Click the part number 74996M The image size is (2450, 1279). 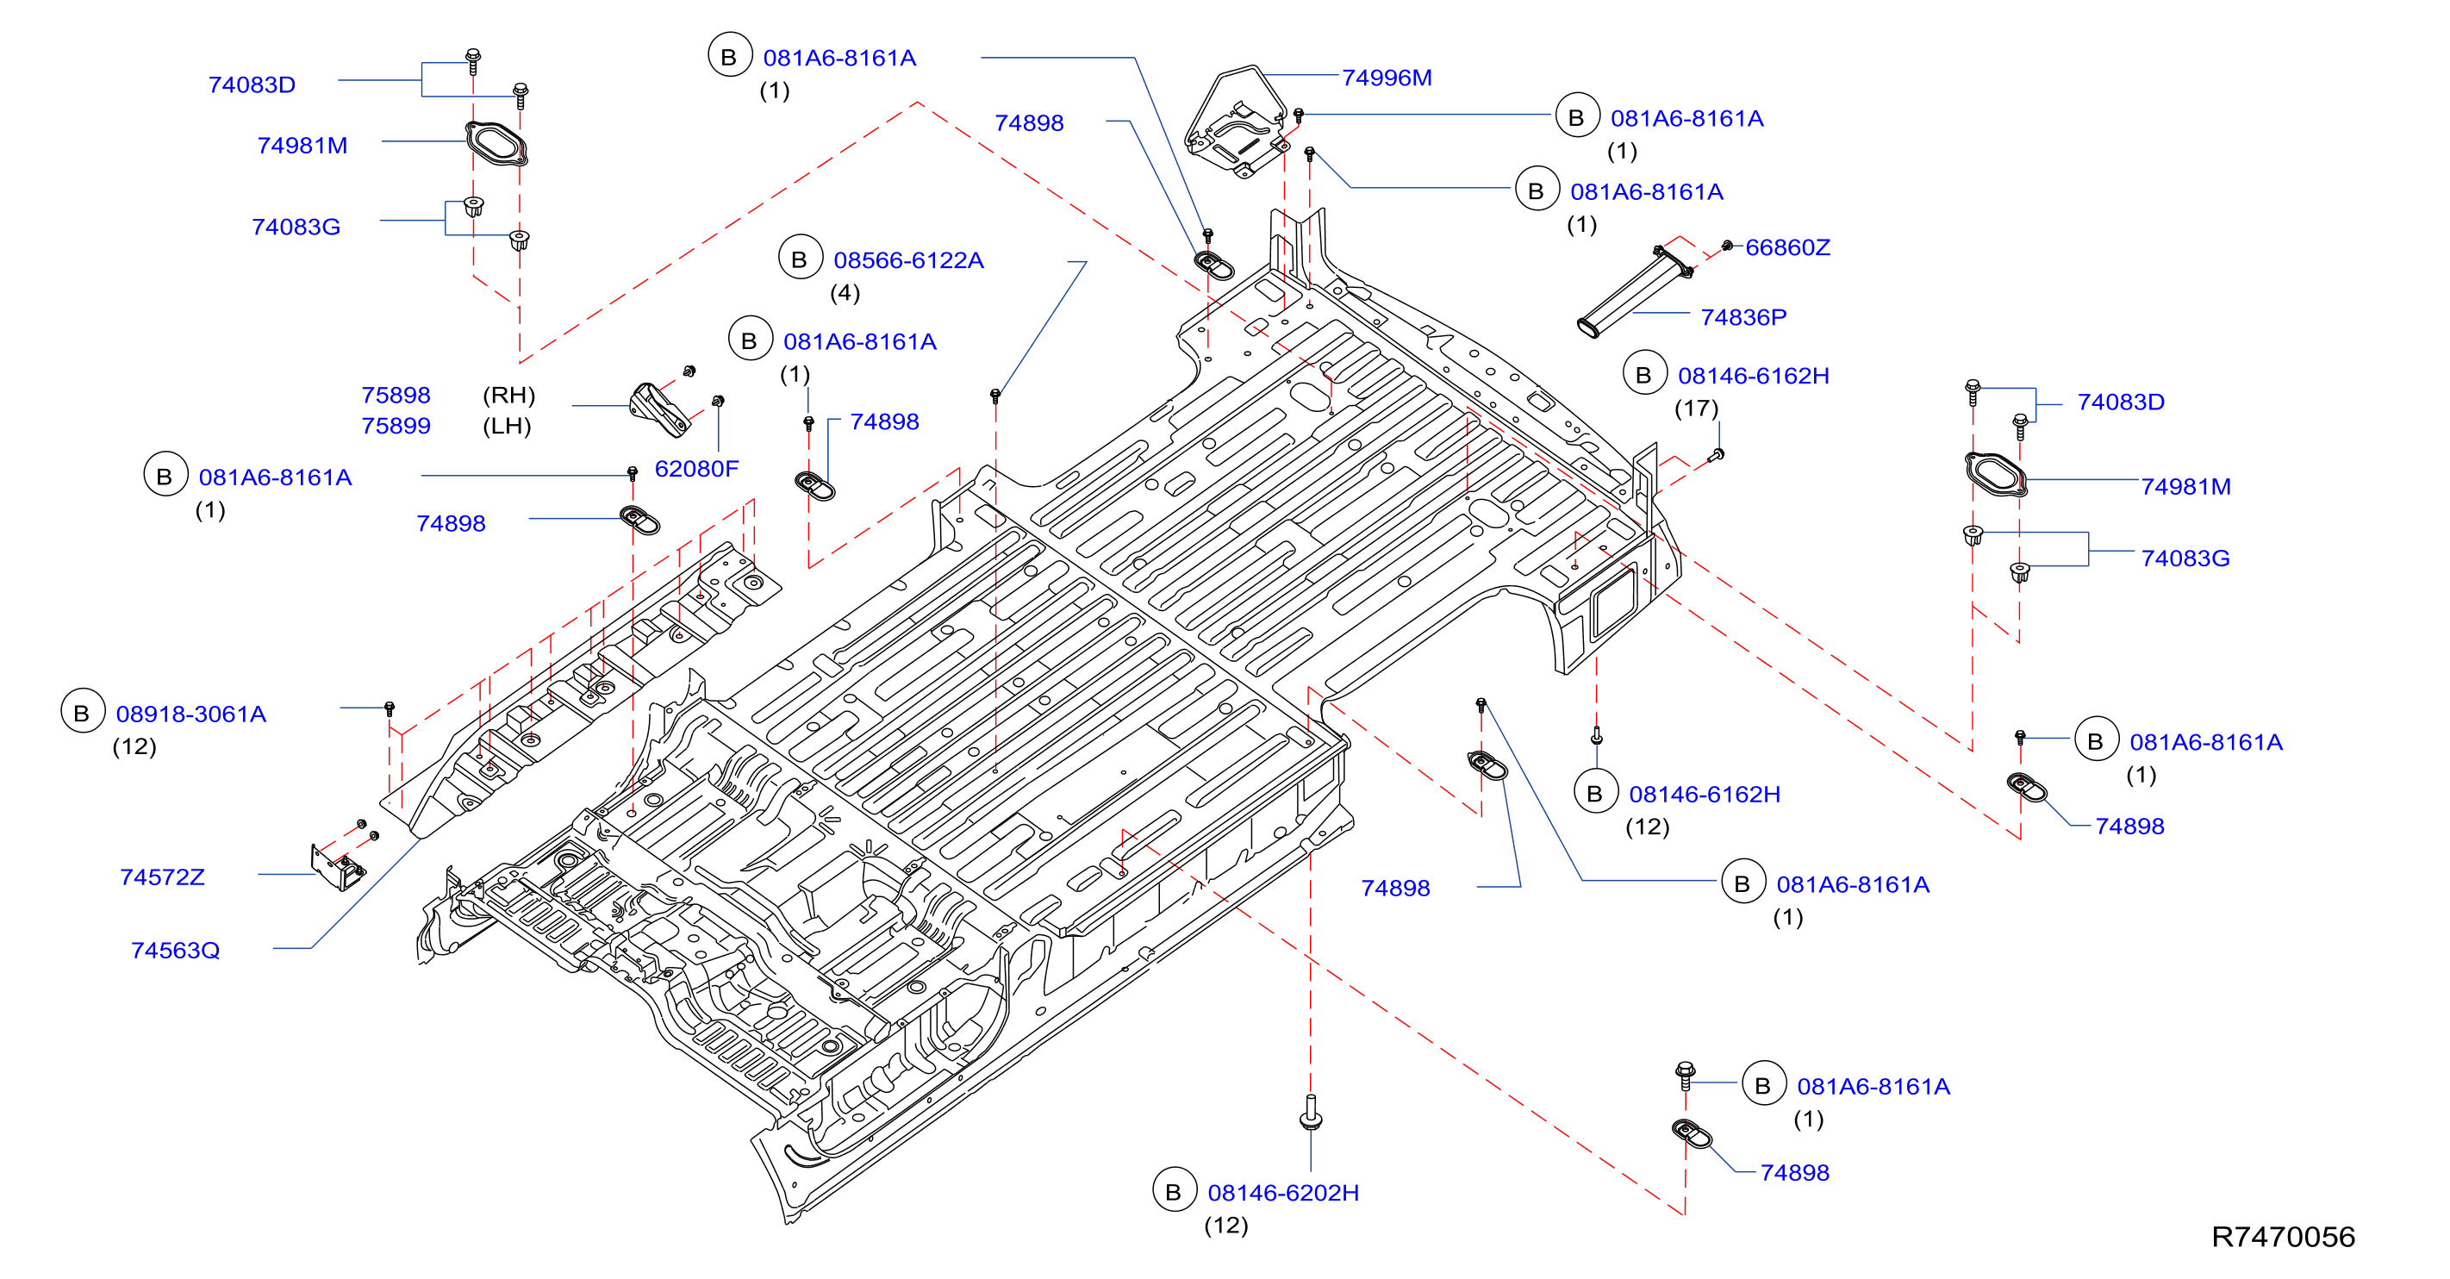[1386, 78]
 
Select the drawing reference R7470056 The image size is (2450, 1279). [2283, 1236]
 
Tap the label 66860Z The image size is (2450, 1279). [1787, 247]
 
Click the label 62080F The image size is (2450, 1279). [696, 468]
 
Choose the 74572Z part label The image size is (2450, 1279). [162, 877]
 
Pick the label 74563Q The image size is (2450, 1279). [175, 950]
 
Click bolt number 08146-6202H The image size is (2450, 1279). [1283, 1193]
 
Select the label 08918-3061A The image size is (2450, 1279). [191, 714]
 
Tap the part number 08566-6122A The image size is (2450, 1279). [908, 260]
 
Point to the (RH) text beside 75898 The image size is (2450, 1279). [508, 395]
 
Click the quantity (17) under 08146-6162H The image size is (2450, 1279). [1697, 408]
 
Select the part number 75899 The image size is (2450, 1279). [396, 426]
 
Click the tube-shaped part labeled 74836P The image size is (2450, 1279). [1633, 292]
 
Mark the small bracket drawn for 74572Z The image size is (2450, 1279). [338, 866]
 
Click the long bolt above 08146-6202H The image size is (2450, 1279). [1311, 1112]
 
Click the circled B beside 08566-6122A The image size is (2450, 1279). [800, 259]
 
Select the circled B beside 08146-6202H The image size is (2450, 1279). [1174, 1190]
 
